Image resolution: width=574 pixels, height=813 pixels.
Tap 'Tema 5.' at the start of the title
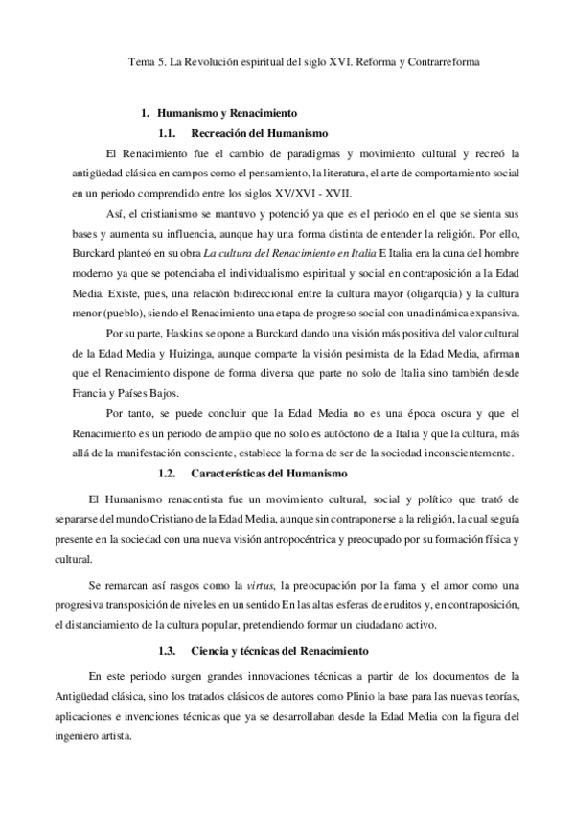click(147, 60)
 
